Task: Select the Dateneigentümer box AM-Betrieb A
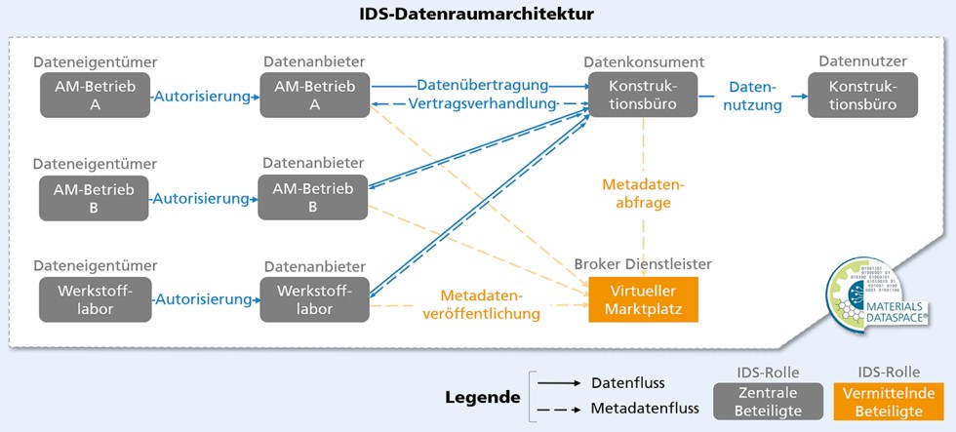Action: [x=96, y=96]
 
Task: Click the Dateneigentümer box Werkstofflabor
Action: [x=96, y=298]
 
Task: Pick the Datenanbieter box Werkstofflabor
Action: [x=313, y=298]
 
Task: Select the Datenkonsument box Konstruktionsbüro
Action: [x=641, y=96]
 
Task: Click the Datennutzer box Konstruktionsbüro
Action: [x=864, y=96]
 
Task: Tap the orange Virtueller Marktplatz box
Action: [x=644, y=298]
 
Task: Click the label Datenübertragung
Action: [x=482, y=86]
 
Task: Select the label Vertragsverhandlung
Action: [x=482, y=103]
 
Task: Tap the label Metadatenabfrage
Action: [x=643, y=193]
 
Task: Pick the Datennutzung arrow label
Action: [x=753, y=96]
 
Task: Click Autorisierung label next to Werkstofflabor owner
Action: [x=205, y=298]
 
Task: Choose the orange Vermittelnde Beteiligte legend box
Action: [x=888, y=401]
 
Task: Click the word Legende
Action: [x=482, y=398]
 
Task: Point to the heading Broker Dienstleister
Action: [x=642, y=264]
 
